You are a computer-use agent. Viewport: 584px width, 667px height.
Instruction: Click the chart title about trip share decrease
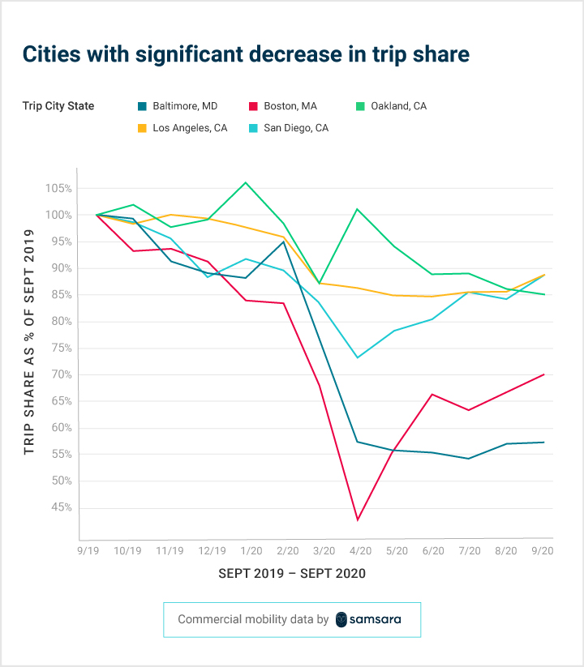tap(246, 55)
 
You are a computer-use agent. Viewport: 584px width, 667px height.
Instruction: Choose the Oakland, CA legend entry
tap(392, 106)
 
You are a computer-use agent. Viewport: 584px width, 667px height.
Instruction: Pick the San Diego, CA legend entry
tap(290, 128)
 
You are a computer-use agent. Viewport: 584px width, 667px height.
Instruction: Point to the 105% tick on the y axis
tap(59, 189)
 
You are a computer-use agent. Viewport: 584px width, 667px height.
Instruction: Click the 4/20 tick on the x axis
tap(358, 551)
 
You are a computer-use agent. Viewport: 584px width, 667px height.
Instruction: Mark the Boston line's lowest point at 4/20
tap(358, 519)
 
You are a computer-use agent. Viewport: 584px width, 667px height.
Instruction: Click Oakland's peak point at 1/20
tap(246, 182)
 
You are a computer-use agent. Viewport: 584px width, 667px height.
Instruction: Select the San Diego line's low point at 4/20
tap(358, 357)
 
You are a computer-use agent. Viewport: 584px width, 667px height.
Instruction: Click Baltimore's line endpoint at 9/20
tap(543, 443)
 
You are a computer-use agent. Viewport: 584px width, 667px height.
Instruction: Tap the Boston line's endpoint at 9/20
tap(543, 374)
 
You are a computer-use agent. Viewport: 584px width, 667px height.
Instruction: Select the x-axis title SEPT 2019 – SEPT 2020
tap(292, 574)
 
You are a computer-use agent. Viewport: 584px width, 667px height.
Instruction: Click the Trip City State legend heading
tap(58, 106)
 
